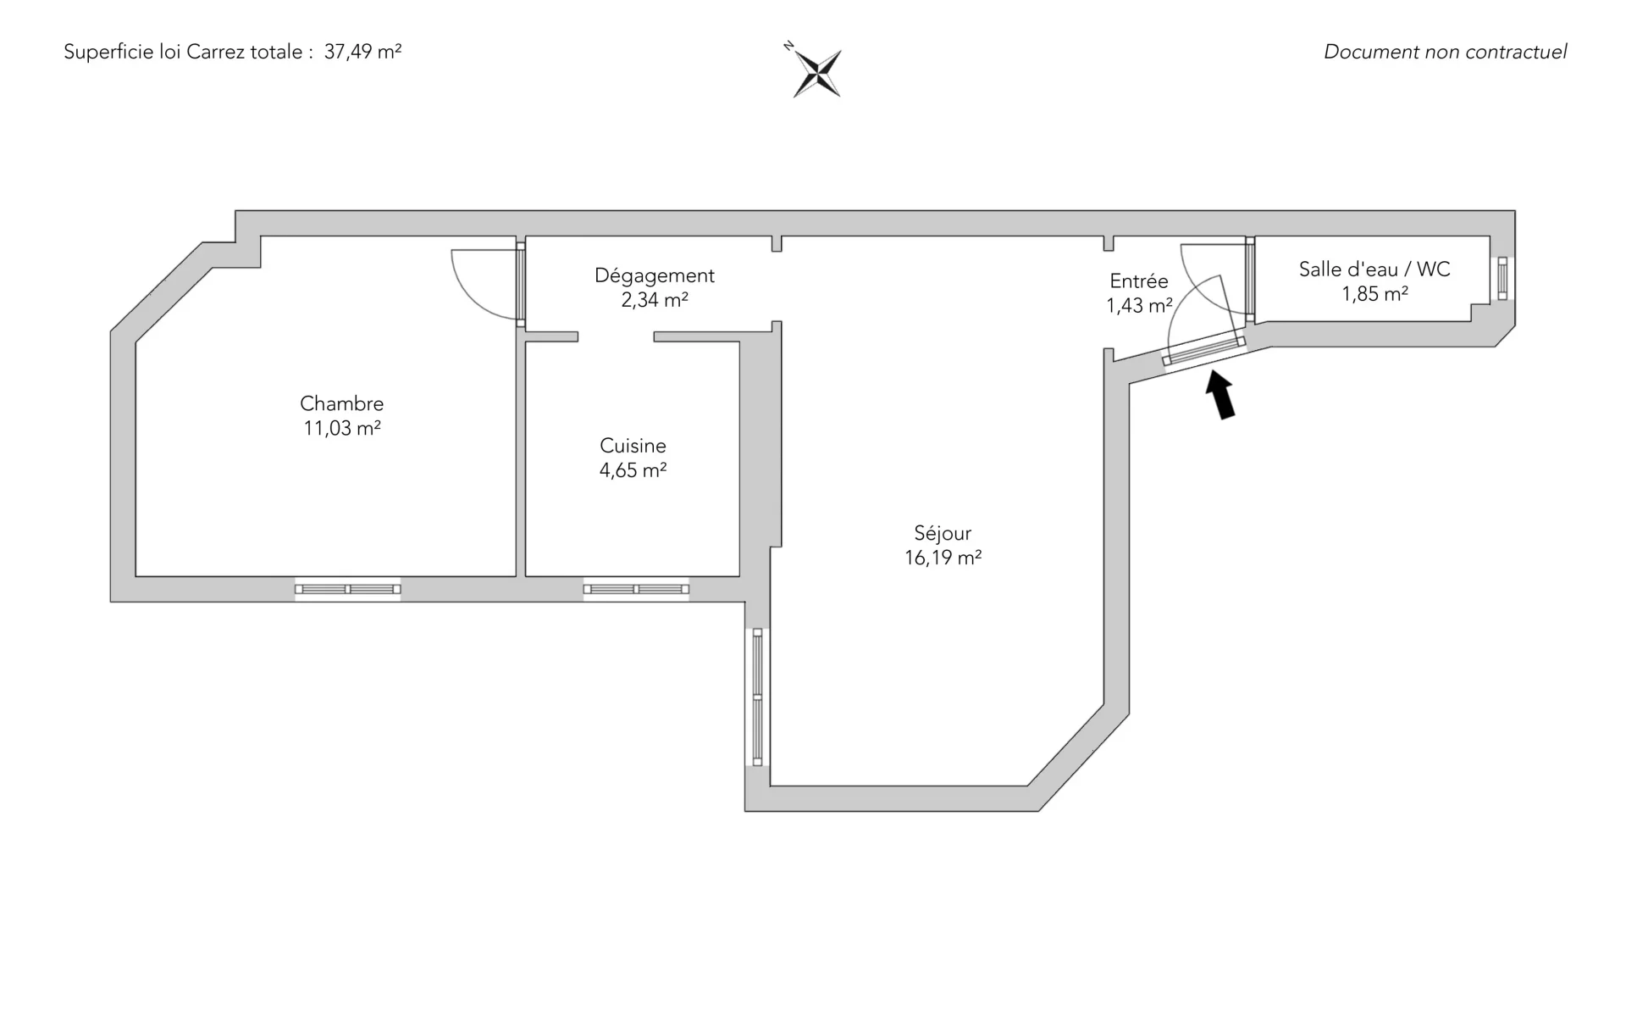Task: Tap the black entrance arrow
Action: tap(1220, 395)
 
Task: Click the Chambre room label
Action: tap(342, 403)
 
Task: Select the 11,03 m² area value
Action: tap(342, 428)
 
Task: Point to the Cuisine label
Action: tap(633, 446)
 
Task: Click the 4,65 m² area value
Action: tap(633, 470)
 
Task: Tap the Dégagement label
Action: tap(655, 275)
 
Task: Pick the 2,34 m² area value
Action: tap(655, 300)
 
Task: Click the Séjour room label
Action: tap(943, 533)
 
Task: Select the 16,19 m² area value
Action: tap(943, 558)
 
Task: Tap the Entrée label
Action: tap(1139, 281)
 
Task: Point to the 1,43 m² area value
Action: tap(1139, 306)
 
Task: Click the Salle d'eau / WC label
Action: tap(1374, 269)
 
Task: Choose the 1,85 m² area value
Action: tap(1374, 294)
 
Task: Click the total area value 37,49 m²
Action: tap(362, 52)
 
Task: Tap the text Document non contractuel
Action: tap(1445, 52)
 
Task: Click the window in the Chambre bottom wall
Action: tap(347, 589)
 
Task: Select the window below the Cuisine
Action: tap(636, 589)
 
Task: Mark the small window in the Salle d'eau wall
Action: tap(1502, 278)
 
